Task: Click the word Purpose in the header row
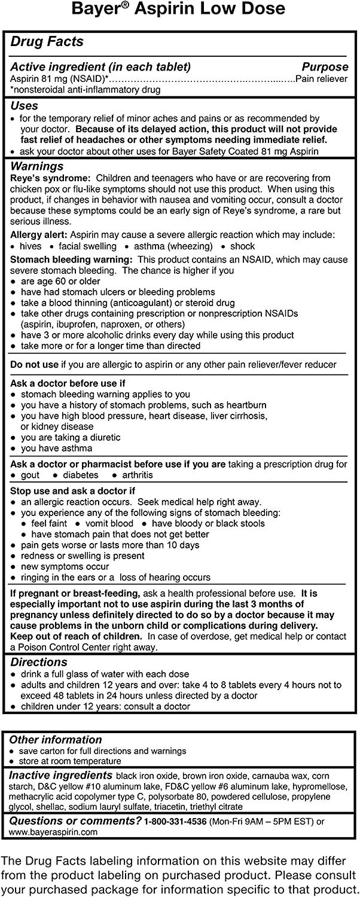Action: point(325,67)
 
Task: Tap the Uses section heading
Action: point(25,106)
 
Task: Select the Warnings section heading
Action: point(36,166)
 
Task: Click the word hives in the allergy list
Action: point(30,246)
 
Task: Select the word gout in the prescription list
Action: point(30,475)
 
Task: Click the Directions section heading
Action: point(39,662)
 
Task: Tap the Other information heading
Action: point(56,740)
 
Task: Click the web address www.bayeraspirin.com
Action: point(54,832)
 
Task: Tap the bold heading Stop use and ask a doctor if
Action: point(73,491)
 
